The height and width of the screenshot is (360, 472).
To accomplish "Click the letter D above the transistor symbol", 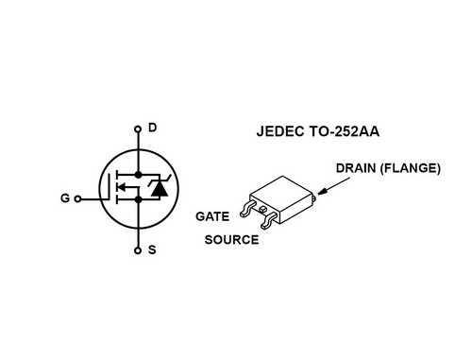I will tap(154, 128).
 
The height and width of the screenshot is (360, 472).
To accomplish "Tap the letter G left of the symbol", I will tap(64, 199).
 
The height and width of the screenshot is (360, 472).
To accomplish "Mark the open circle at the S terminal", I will tap(138, 251).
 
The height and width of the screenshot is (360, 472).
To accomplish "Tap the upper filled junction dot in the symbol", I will tap(138, 175).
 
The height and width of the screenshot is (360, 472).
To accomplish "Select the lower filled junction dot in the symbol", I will tap(138, 199).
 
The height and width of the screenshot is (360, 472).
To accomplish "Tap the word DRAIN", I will tap(357, 169).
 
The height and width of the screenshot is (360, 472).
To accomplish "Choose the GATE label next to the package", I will tap(212, 216).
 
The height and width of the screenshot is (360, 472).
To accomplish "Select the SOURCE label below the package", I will tap(231, 240).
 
